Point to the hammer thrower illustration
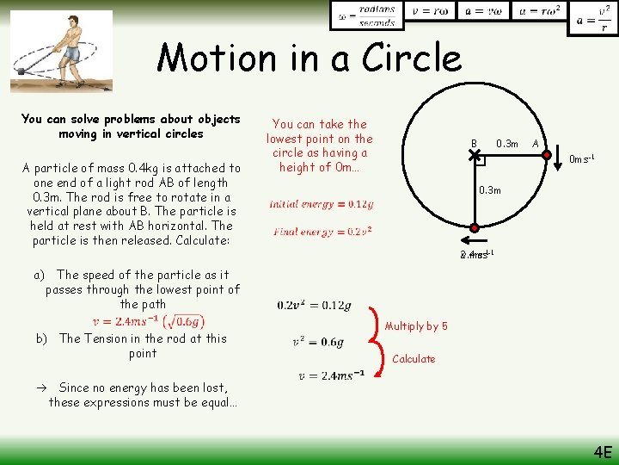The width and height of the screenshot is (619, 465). pos(62,50)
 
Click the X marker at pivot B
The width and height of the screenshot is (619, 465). pos(474,155)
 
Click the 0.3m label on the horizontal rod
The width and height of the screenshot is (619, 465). pos(507,144)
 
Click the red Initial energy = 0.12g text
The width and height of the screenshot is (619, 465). pos(321,204)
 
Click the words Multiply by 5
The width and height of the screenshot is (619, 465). pos(416,326)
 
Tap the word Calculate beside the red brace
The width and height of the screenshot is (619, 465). pos(414,359)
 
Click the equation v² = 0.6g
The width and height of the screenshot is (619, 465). pos(317,342)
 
